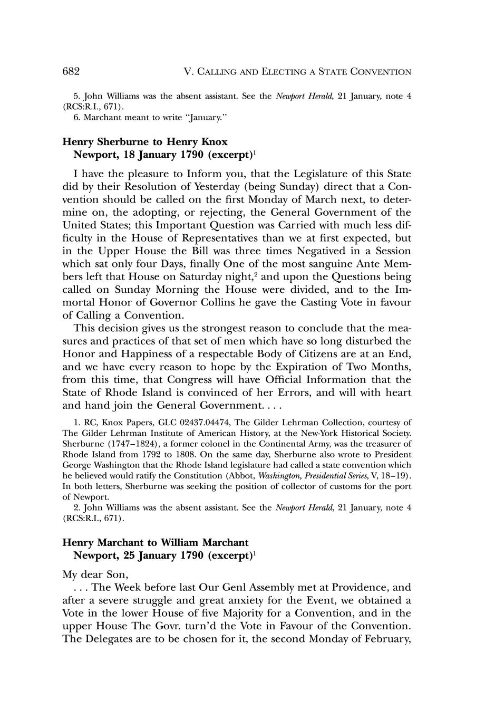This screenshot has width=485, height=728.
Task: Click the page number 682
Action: point(71,71)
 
